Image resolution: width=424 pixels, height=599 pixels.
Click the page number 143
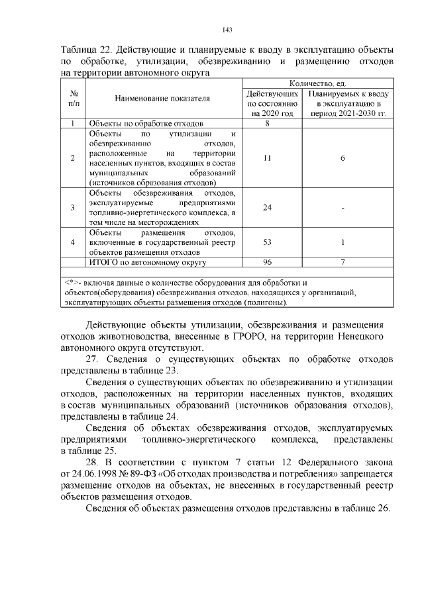tap(227, 29)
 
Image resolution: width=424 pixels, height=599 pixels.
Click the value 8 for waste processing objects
tap(268, 124)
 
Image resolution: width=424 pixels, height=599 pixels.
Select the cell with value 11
tap(268, 158)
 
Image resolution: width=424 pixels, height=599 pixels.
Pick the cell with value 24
tap(268, 208)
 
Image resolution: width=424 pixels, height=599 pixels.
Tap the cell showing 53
tap(268, 242)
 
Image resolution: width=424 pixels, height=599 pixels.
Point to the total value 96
tap(268, 262)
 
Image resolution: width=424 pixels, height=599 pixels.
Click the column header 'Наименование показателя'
tap(162, 99)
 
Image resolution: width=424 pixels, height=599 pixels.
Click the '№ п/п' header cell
tap(73, 99)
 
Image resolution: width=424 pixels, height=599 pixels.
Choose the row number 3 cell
tap(73, 208)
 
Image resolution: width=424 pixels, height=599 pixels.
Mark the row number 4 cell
tap(73, 242)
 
